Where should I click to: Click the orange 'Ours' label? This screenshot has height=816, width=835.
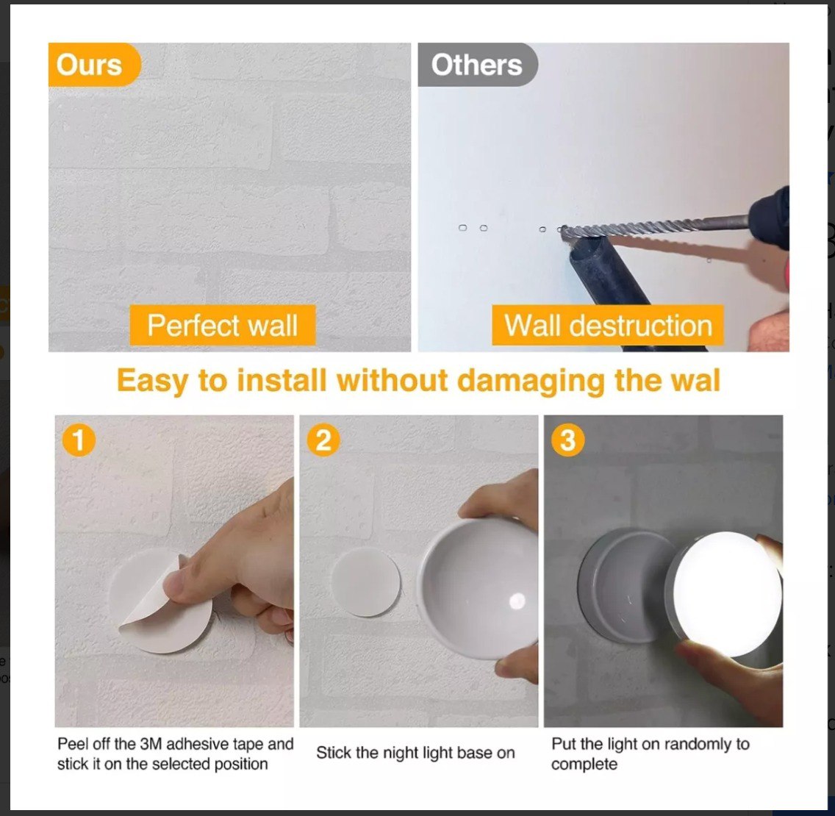pyautogui.click(x=90, y=65)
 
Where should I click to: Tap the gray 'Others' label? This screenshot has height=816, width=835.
pyautogui.click(x=476, y=65)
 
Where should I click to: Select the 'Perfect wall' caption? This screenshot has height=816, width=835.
pyautogui.click(x=222, y=326)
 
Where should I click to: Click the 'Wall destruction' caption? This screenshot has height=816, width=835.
pyautogui.click(x=608, y=326)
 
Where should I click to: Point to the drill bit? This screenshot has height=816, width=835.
pyautogui.click(x=647, y=226)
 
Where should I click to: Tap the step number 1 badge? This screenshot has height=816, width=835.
pyautogui.click(x=78, y=441)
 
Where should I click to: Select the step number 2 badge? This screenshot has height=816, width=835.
pyautogui.click(x=323, y=441)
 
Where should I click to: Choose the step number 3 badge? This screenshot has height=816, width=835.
pyautogui.click(x=567, y=441)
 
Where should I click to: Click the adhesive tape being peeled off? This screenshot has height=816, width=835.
pyautogui.click(x=151, y=610)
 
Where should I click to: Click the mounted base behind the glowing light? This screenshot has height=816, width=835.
pyautogui.click(x=625, y=584)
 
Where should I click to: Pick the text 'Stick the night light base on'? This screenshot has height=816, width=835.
pyautogui.click(x=415, y=753)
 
